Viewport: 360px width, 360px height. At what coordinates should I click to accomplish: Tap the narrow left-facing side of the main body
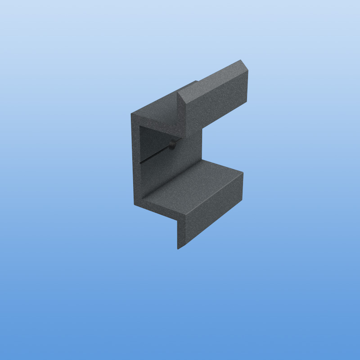pos(136,162)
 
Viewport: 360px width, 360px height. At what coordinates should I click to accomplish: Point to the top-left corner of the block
pos(131,114)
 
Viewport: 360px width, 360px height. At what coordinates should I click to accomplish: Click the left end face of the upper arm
pos(184,112)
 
